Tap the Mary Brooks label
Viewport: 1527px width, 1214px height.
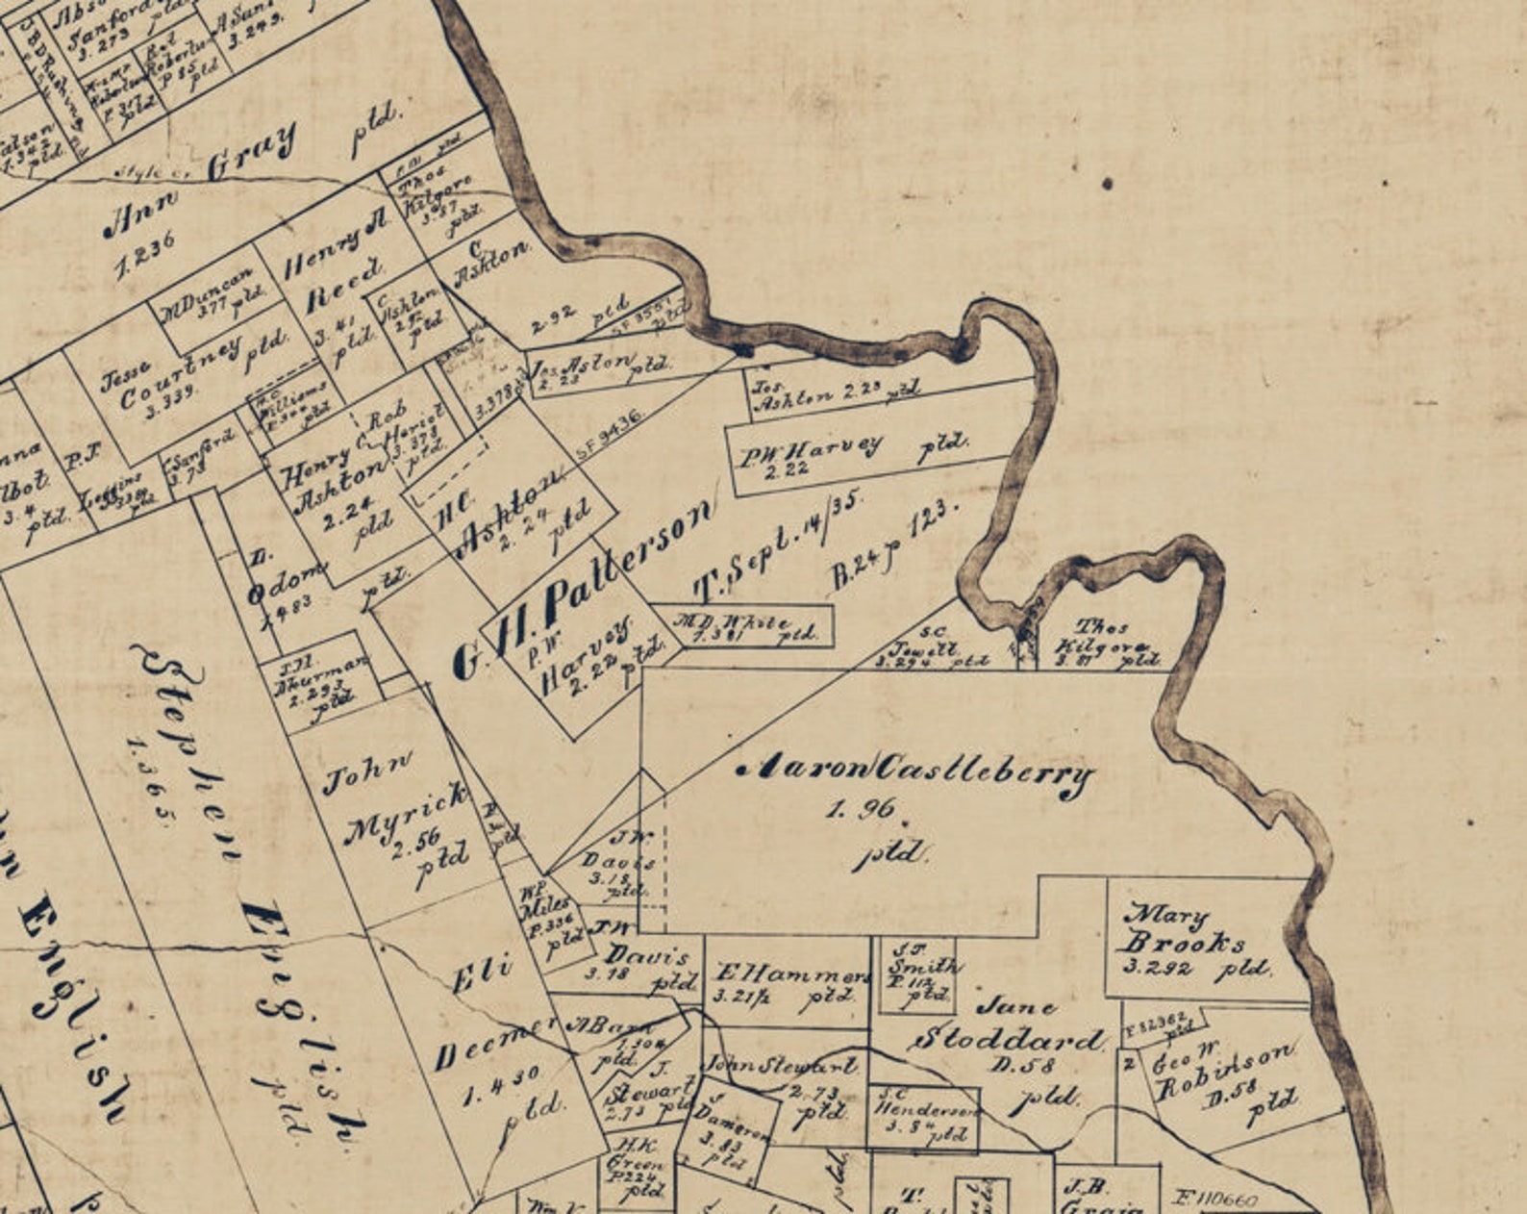tap(1183, 927)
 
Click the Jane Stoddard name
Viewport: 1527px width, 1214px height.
tap(1010, 1024)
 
